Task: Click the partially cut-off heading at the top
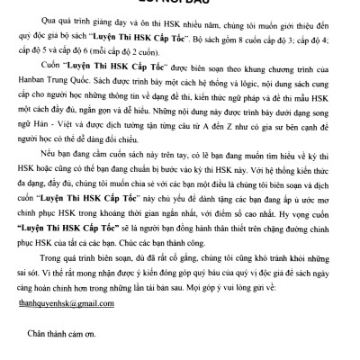(x=179, y=3)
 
